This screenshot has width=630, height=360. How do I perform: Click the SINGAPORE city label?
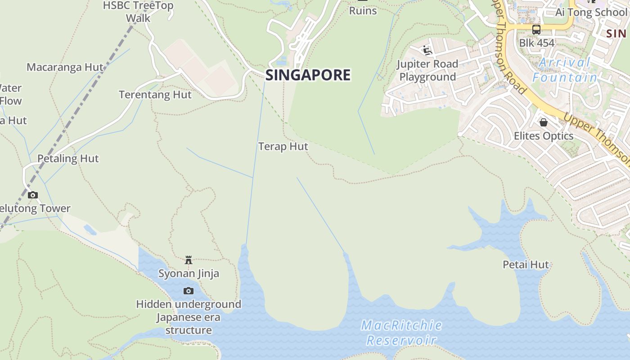308,75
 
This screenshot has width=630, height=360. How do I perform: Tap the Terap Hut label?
283,146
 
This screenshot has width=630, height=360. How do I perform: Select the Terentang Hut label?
155,94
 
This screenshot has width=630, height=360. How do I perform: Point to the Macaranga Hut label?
65,67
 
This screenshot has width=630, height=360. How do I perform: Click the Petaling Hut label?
68,158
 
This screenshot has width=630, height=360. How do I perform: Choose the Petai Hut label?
526,264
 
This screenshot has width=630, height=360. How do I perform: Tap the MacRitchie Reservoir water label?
401,333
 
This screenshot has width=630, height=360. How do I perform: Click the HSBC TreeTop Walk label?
138,12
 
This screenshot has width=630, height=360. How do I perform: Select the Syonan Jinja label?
189,273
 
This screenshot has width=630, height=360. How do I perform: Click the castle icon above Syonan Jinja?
189,260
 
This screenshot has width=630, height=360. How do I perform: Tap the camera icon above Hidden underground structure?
189,291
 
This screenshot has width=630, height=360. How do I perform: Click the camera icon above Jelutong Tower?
33,195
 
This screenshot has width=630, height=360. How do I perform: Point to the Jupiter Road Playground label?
427,70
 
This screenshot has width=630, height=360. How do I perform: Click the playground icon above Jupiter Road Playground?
427,50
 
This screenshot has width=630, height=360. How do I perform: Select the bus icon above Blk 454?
536,30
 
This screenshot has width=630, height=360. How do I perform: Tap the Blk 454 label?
537,43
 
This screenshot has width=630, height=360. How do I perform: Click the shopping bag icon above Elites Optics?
544,122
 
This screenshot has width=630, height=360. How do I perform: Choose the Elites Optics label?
544,135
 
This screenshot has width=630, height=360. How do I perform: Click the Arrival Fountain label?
565,70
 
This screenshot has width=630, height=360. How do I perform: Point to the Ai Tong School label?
590,12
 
